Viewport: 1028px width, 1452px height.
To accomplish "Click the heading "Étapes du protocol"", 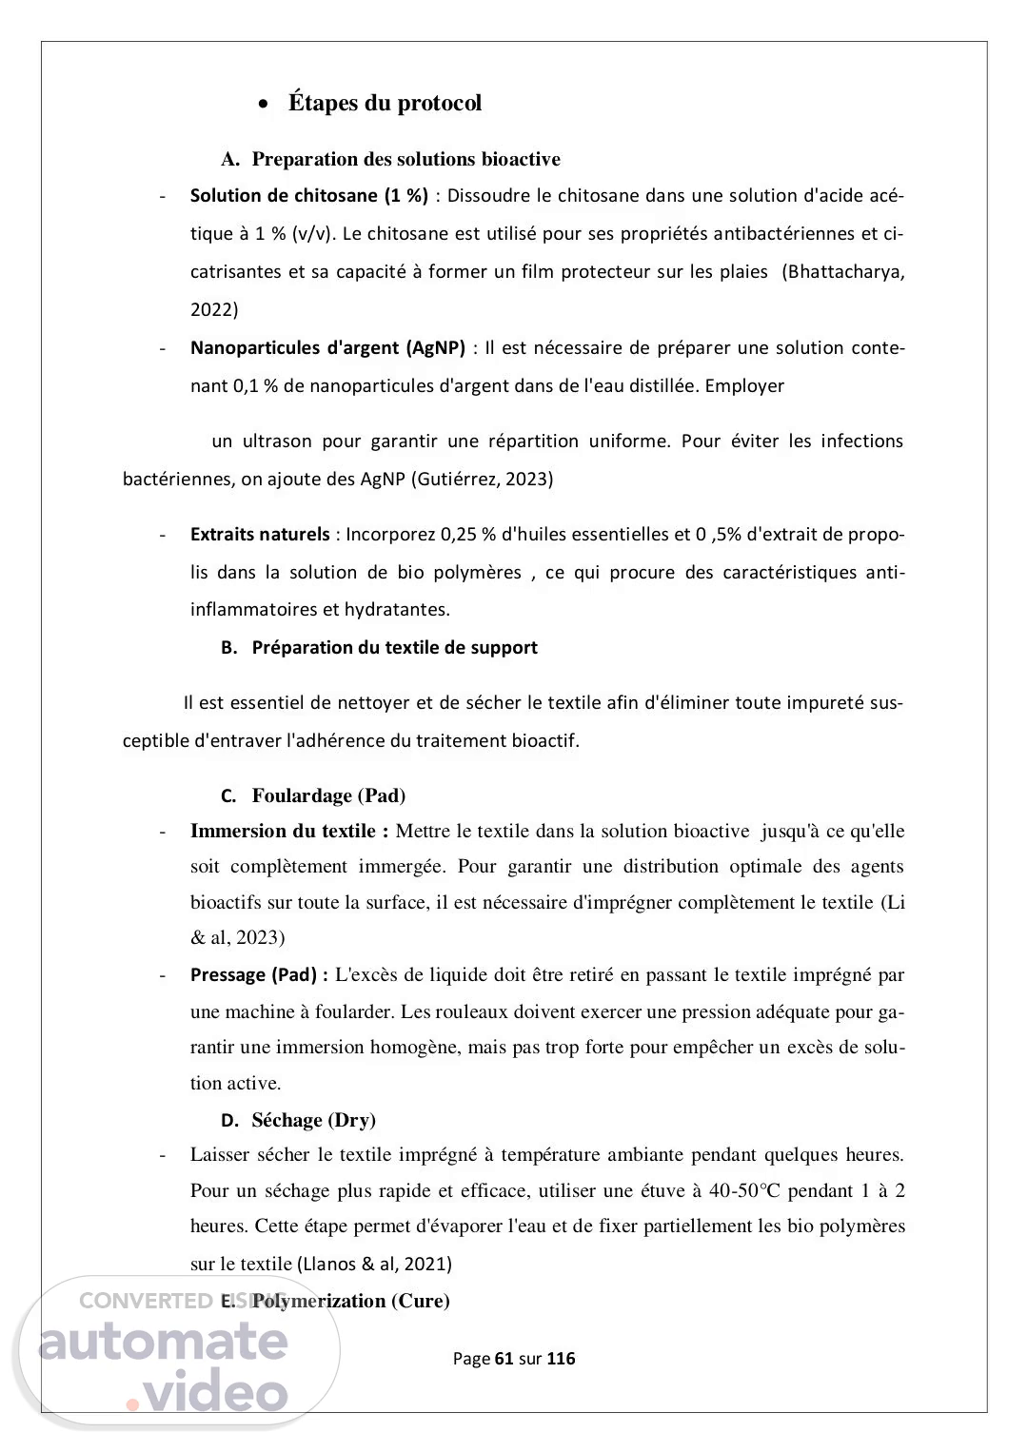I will tap(385, 103).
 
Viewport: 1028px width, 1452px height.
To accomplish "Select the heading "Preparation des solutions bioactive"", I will tap(405, 159).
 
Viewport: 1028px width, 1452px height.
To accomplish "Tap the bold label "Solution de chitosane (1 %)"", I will tap(309, 196).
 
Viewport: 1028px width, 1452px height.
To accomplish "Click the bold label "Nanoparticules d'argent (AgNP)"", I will tap(327, 348).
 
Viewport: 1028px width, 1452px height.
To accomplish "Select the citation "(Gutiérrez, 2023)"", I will tap(482, 480).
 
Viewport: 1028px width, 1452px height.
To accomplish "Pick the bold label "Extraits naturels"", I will tap(259, 535).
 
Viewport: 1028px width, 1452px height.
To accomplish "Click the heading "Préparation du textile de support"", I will tap(394, 648).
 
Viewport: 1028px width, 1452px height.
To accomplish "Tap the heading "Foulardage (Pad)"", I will tap(328, 795).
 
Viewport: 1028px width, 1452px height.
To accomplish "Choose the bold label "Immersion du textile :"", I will tap(289, 832).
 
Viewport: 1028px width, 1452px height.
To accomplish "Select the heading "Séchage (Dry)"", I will tap(313, 1120).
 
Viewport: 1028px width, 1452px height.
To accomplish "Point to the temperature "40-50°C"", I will tap(746, 1190).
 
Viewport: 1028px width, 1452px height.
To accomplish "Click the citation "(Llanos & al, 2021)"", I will tap(375, 1265).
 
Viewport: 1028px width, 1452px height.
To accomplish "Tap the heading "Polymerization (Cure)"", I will tap(351, 1301).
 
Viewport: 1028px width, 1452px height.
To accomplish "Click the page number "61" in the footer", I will tap(504, 1359).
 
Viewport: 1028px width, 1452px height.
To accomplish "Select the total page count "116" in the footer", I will tap(561, 1359).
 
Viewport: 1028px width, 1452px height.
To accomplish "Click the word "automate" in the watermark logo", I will tap(163, 1341).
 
